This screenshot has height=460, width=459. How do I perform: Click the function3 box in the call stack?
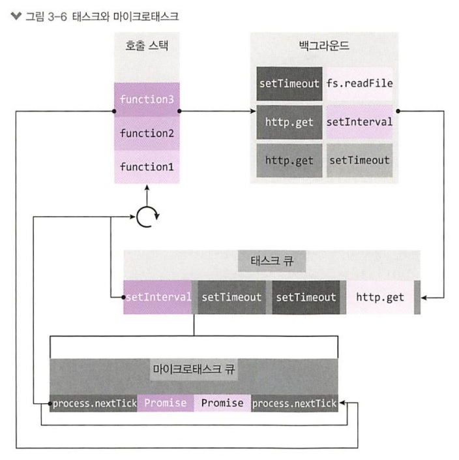(147, 100)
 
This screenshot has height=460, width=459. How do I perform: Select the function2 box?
(147, 134)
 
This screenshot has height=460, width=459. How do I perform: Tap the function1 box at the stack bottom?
(147, 167)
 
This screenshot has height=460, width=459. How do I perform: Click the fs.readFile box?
(359, 84)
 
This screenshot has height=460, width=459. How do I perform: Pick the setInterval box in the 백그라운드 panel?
(359, 122)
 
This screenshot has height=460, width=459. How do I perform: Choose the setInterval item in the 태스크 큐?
(158, 297)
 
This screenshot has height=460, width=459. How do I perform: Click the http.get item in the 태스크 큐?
(380, 297)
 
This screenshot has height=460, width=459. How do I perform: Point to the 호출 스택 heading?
(147, 46)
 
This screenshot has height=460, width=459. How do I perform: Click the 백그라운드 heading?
(324, 46)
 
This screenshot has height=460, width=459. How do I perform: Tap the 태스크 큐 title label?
(272, 261)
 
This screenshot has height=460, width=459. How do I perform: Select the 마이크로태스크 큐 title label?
(194, 369)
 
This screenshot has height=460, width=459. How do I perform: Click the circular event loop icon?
(148, 217)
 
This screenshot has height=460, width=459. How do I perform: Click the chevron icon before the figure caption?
(16, 16)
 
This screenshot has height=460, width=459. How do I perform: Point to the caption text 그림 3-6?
(46, 16)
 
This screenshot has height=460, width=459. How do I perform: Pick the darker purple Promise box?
(166, 403)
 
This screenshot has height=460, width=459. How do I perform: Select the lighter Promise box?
(222, 403)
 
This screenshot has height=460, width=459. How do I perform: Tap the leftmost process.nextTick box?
(93, 403)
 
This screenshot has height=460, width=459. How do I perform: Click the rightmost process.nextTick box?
(295, 403)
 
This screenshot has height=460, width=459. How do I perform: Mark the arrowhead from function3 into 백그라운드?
(253, 111)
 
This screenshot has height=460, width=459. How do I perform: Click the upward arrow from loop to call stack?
(147, 196)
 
